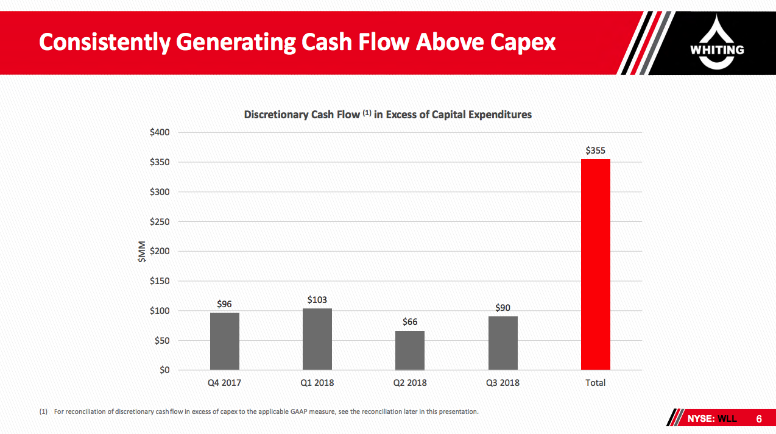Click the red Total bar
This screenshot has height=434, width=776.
tap(595, 264)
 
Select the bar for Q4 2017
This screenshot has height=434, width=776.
tap(224, 341)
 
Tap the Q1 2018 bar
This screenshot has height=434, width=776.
tap(317, 339)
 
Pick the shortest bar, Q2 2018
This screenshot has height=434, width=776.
tap(409, 350)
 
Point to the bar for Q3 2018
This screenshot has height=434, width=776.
tap(503, 343)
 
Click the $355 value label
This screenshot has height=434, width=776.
tap(595, 150)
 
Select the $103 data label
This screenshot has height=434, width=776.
tap(317, 300)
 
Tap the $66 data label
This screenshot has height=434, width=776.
tap(409, 322)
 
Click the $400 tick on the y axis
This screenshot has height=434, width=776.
tap(160, 133)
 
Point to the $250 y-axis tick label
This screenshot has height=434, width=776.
tap(160, 222)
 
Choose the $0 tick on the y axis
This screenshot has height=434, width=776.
tap(164, 371)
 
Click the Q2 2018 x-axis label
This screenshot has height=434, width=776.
tap(409, 383)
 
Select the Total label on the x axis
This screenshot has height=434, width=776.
tap(595, 383)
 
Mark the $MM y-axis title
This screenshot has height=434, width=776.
tap(141, 252)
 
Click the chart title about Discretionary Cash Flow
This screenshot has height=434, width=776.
tap(387, 115)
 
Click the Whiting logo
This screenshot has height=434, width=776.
tap(717, 43)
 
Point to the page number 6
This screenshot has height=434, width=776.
tap(759, 419)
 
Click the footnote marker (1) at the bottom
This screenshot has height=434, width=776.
tap(43, 412)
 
